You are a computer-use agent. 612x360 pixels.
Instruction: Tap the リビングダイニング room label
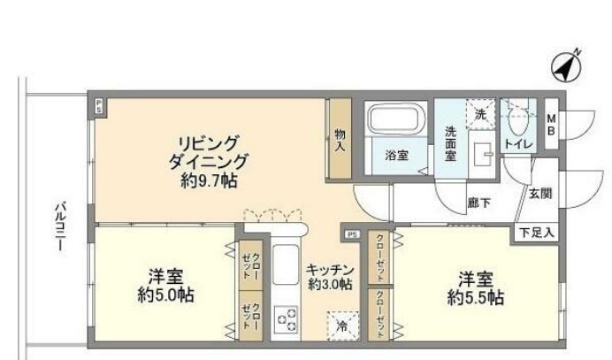tap(209, 152)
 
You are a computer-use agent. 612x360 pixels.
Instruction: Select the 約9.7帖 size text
tap(209, 180)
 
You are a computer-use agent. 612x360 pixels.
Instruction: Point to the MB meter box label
tap(550, 125)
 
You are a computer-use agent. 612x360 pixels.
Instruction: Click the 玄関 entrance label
tap(539, 192)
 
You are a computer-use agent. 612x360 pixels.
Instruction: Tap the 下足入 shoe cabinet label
tap(536, 233)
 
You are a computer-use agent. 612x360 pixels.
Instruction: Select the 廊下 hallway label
tap(480, 203)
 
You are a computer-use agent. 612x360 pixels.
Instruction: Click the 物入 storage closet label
tap(340, 142)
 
